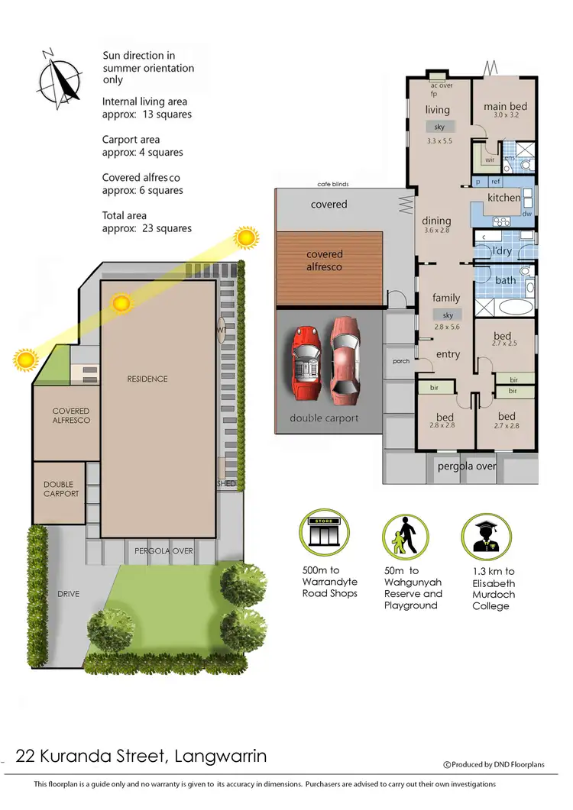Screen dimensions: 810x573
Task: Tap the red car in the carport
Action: pyautogui.click(x=306, y=362)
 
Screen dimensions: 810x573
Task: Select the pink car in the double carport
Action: pyautogui.click(x=345, y=362)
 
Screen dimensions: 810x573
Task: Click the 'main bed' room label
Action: pyautogui.click(x=505, y=107)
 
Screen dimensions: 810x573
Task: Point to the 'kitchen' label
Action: pyautogui.click(x=504, y=198)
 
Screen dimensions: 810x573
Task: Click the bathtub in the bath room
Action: pyautogui.click(x=508, y=308)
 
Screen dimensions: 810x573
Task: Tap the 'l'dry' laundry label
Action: pyautogui.click(x=502, y=250)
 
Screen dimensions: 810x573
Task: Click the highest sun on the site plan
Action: pyautogui.click(x=246, y=237)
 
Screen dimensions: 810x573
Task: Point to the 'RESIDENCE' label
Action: pyautogui.click(x=147, y=379)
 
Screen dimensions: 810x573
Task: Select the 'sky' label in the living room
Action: pyautogui.click(x=439, y=127)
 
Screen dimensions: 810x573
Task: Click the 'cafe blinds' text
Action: pyautogui.click(x=333, y=184)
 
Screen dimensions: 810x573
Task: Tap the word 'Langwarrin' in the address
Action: pyautogui.click(x=221, y=757)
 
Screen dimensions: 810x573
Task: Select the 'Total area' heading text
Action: pyautogui.click(x=125, y=216)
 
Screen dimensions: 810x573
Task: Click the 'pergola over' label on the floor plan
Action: pyautogui.click(x=467, y=465)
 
